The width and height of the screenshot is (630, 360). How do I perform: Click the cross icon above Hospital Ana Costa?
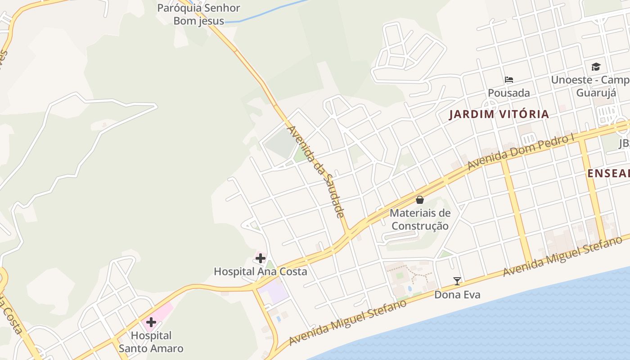(x=260, y=258)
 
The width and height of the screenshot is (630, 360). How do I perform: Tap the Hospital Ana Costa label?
(x=260, y=271)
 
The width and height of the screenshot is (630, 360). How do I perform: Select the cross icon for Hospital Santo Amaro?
(x=151, y=322)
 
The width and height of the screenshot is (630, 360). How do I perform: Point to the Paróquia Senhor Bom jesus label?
(x=198, y=14)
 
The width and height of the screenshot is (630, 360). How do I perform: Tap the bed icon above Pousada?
(x=509, y=80)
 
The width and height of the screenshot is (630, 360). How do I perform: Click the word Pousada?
(x=509, y=93)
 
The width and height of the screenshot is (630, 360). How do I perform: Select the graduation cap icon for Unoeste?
(x=596, y=67)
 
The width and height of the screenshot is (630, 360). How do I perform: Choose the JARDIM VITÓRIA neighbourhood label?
(x=499, y=114)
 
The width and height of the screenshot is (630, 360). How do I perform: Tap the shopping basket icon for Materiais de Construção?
(x=420, y=200)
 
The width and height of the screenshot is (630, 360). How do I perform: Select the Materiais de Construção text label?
(x=420, y=219)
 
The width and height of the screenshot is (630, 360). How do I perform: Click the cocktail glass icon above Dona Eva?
(x=457, y=281)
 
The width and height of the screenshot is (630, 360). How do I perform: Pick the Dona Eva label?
(x=457, y=295)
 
